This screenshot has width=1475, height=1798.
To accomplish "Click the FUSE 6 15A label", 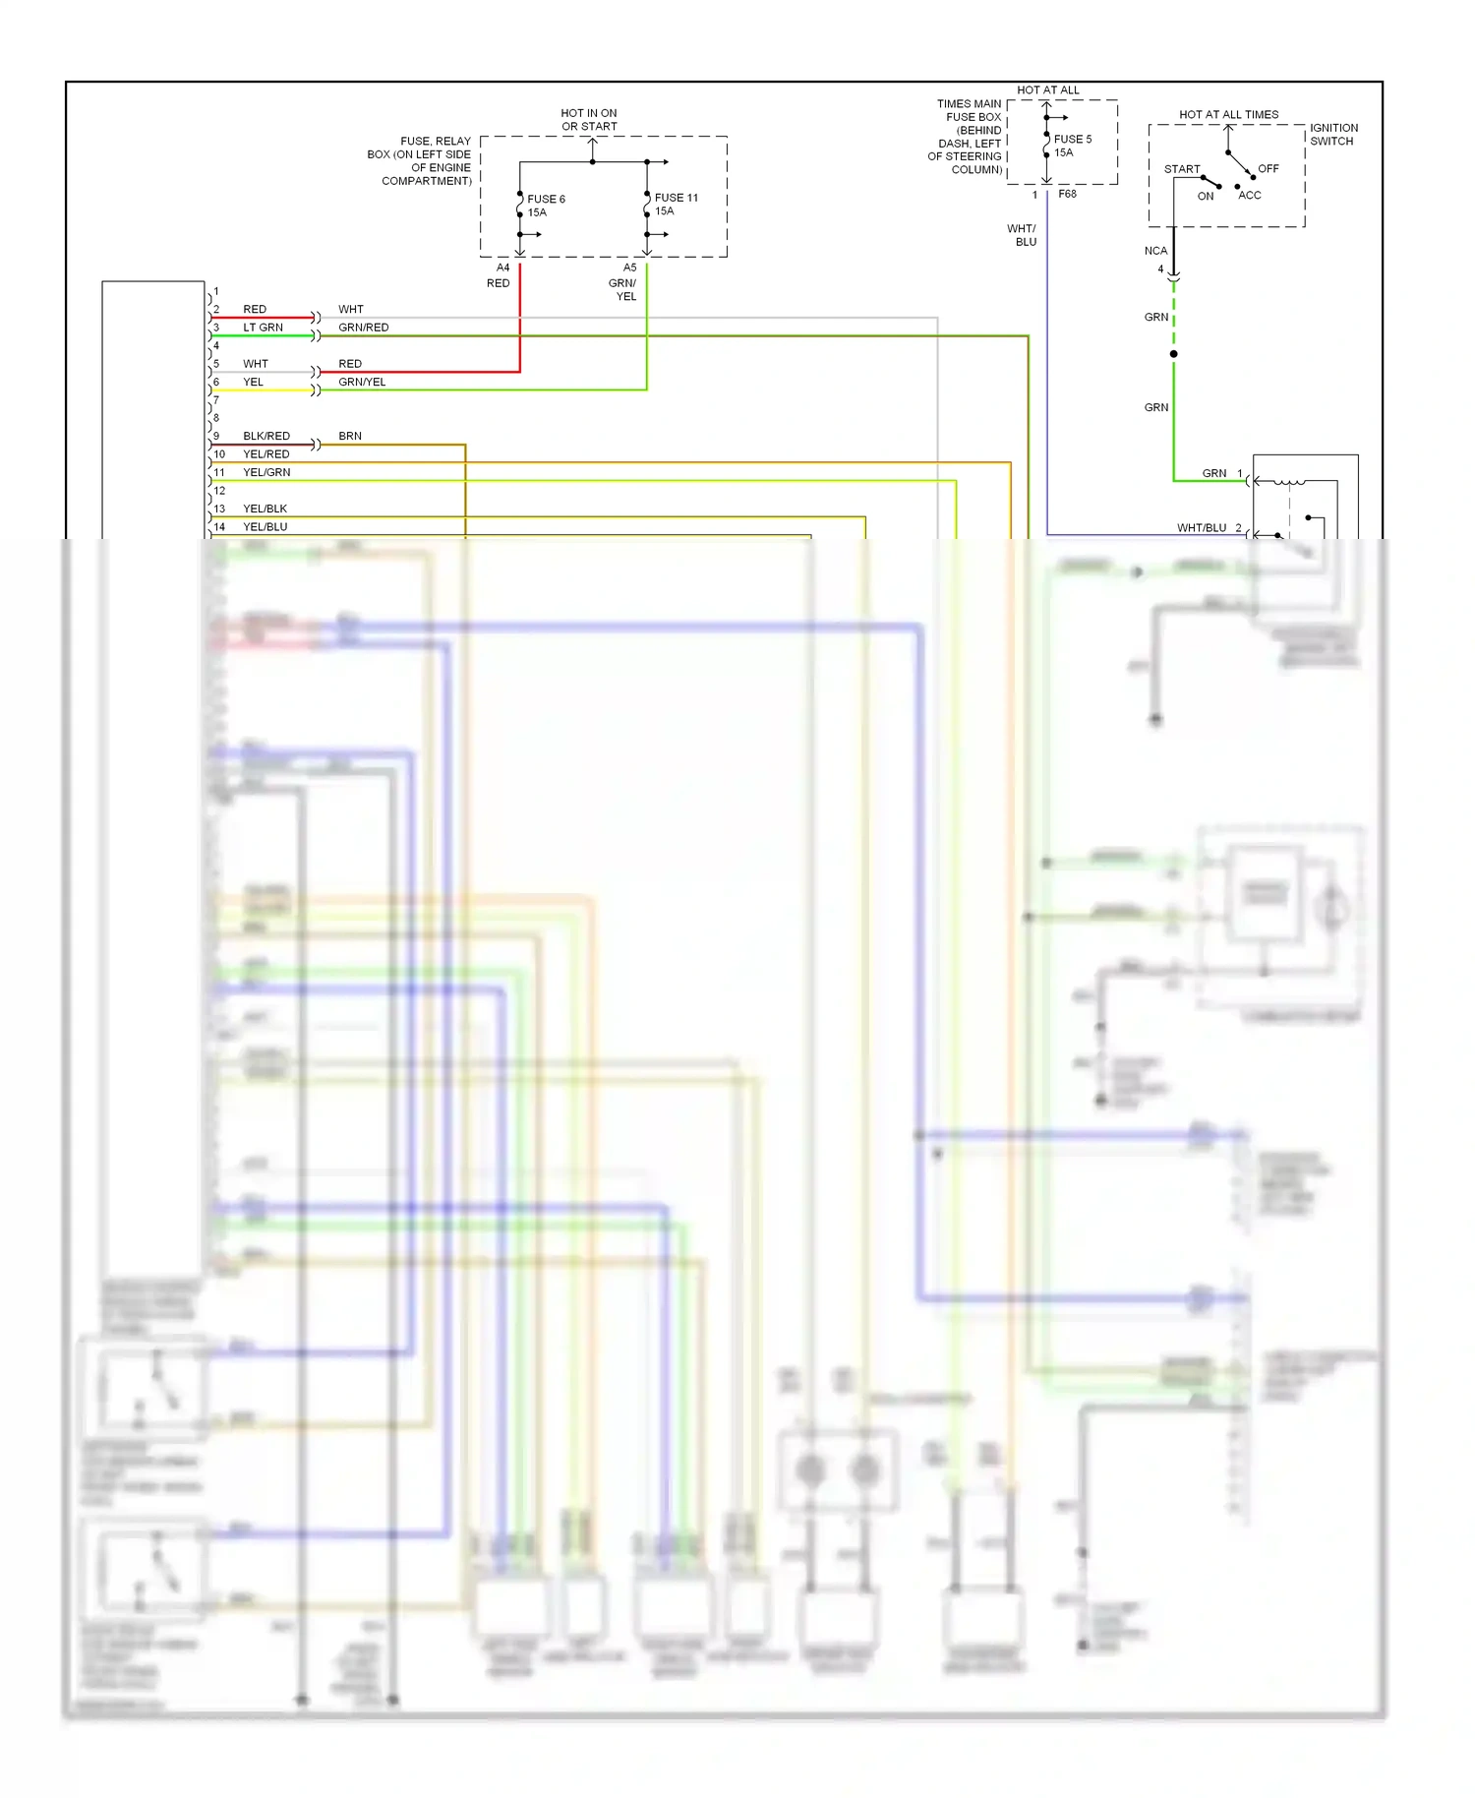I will point(546,206).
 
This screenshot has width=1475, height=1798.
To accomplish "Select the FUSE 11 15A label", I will point(676,205).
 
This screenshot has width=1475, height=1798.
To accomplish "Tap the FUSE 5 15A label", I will point(1072,146).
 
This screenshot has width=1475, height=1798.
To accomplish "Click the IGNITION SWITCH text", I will point(1333,135).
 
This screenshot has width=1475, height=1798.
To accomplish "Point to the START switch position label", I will point(1182,169).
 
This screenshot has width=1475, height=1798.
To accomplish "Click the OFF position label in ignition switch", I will point(1268,169).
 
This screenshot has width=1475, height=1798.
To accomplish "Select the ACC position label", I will point(1249,196).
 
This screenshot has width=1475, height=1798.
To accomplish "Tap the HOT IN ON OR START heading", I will point(589,120).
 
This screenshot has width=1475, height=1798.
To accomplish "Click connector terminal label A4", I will point(502,268).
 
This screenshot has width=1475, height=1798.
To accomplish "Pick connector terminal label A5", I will point(629,268).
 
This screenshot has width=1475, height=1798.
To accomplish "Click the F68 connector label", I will point(1067,195).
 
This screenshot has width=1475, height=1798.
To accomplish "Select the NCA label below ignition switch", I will point(1155,251).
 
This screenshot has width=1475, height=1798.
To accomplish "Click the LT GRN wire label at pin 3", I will point(263,328).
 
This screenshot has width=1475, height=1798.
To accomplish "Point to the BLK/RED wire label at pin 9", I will point(266,436).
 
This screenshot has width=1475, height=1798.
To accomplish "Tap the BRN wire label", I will point(350,436).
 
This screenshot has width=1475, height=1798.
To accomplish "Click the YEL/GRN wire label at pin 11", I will point(266,472).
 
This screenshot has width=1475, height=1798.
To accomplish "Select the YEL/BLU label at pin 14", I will point(265,527).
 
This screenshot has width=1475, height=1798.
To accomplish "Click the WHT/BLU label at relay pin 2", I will point(1202,528).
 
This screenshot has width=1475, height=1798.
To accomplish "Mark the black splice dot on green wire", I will point(1173,354).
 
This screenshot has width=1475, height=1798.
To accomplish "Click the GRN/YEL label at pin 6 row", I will point(362,383).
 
